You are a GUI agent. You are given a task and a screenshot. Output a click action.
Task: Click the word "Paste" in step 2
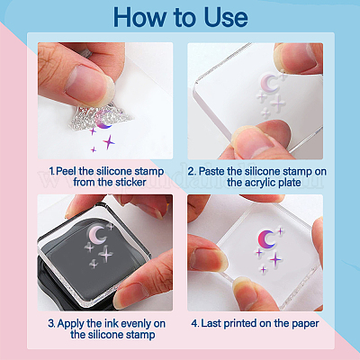click(211, 171)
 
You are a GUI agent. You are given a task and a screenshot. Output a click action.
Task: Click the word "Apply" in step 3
click(71, 324)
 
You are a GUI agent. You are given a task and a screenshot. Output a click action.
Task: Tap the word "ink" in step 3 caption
click(111, 323)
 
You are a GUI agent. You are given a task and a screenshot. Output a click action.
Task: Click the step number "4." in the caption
click(195, 323)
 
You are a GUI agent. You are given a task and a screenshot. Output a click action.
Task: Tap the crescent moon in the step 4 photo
click(265, 239)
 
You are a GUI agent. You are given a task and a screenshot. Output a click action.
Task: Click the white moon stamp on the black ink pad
click(96, 235)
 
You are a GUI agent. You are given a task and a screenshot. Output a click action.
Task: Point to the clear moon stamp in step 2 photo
click(268, 84)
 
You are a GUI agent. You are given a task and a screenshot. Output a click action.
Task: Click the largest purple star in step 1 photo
click(109, 142)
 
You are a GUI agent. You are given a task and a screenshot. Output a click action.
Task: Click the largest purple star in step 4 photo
click(275, 259)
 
